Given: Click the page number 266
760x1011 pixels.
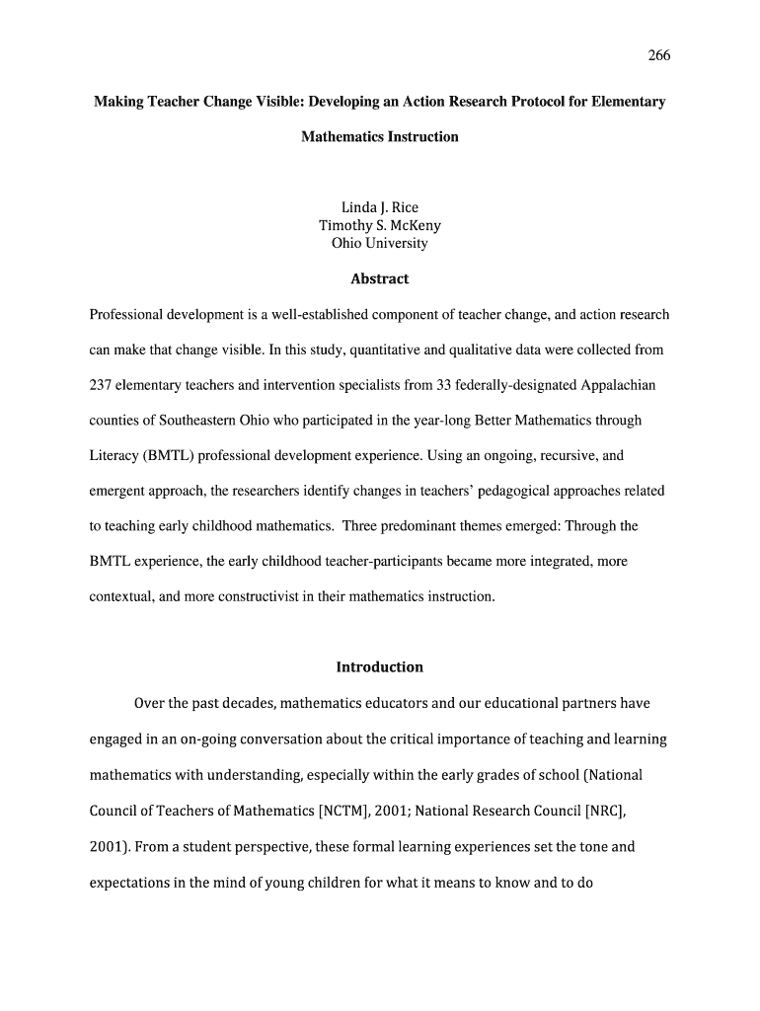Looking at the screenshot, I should (x=658, y=55).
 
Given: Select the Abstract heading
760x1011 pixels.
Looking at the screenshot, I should (x=380, y=278).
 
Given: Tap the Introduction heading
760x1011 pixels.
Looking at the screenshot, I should (x=380, y=666).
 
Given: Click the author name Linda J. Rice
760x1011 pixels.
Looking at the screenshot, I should (x=380, y=207).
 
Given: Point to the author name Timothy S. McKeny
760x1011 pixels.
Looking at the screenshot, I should (x=380, y=225).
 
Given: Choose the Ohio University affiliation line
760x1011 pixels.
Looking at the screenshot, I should (x=380, y=243).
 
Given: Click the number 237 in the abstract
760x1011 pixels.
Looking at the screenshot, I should (x=101, y=385).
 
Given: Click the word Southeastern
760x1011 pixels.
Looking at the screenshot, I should (x=183, y=421).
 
